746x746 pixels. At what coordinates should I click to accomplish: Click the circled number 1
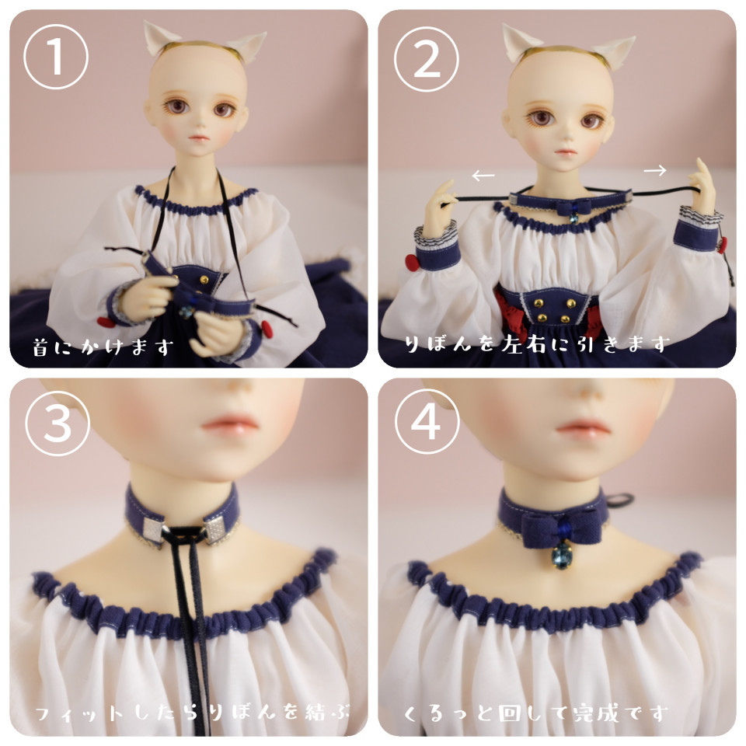coord(56,57)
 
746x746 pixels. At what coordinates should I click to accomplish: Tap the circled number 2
coord(427,58)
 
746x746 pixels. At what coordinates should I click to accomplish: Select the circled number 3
coord(57,424)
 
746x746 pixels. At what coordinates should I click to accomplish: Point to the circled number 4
coord(427,421)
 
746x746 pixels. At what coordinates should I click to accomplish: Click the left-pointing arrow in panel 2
coord(483,176)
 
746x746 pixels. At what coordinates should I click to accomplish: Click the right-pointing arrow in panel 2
coord(655,170)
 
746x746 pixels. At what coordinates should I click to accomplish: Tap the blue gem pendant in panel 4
coord(563,556)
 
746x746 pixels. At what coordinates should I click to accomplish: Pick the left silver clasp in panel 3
coord(154,529)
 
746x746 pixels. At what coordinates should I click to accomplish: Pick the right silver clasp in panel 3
coord(215,527)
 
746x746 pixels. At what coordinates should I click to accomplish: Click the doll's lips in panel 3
coord(229,424)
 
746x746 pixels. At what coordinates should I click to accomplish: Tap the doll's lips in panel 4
coord(584,426)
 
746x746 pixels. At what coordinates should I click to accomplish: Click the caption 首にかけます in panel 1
coord(102,347)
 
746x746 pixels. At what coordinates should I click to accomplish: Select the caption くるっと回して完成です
coord(535,713)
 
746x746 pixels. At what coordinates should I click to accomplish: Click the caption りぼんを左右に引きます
coord(537,343)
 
